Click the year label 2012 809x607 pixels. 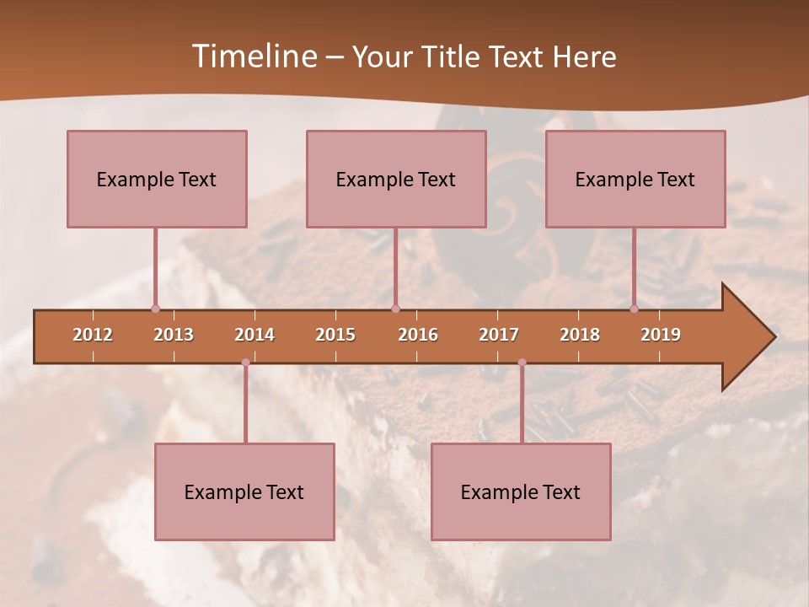tap(93, 335)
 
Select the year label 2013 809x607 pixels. tap(174, 335)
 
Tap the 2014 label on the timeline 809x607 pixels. tap(254, 335)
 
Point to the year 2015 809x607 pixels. tap(335, 335)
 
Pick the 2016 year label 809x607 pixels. tap(418, 335)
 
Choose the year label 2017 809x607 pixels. tap(499, 335)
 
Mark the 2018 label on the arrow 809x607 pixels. tap(580, 335)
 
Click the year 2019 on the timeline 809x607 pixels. tap(661, 335)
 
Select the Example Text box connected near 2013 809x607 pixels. tap(157, 179)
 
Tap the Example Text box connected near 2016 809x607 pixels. tap(396, 179)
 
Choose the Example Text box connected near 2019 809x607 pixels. tap(635, 179)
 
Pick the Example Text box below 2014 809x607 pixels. tap(244, 492)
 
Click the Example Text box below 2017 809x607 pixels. tap(521, 492)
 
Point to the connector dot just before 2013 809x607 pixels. tap(155, 309)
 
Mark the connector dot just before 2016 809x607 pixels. tap(395, 309)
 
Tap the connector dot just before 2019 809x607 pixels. tap(635, 309)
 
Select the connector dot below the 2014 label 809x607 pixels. tap(245, 363)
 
